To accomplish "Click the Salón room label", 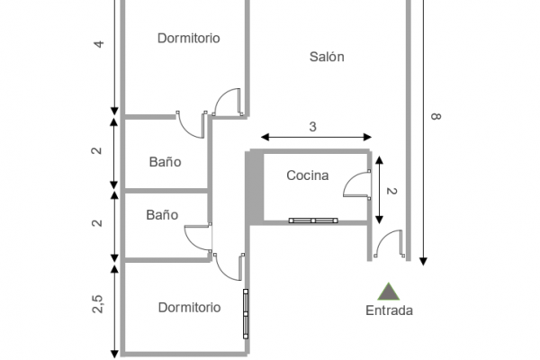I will pyautogui.click(x=327, y=57).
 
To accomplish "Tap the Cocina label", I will pyautogui.click(x=308, y=175).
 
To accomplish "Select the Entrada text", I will pyautogui.click(x=389, y=311).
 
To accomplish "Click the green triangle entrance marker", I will pyautogui.click(x=389, y=291).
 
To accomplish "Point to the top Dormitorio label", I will pyautogui.click(x=189, y=38).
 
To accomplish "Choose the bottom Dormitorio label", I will pyautogui.click(x=189, y=307).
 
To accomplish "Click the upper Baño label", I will pyautogui.click(x=165, y=162).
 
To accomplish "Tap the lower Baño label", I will pyautogui.click(x=162, y=215).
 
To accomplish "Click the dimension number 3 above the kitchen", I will pyautogui.click(x=312, y=127).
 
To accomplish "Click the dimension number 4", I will pyautogui.click(x=100, y=43).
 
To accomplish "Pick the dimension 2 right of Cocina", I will pyautogui.click(x=391, y=191).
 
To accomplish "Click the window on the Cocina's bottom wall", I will pyautogui.click(x=312, y=220).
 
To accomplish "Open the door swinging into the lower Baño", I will pyautogui.click(x=198, y=238).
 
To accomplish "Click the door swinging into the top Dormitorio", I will pyautogui.click(x=229, y=101).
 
